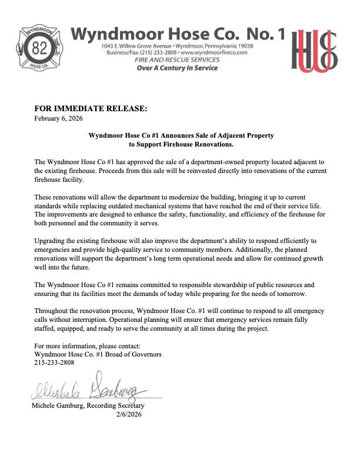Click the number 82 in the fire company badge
39,48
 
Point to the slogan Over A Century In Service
177,68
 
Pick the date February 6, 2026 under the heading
58,119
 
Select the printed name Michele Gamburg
58,406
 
